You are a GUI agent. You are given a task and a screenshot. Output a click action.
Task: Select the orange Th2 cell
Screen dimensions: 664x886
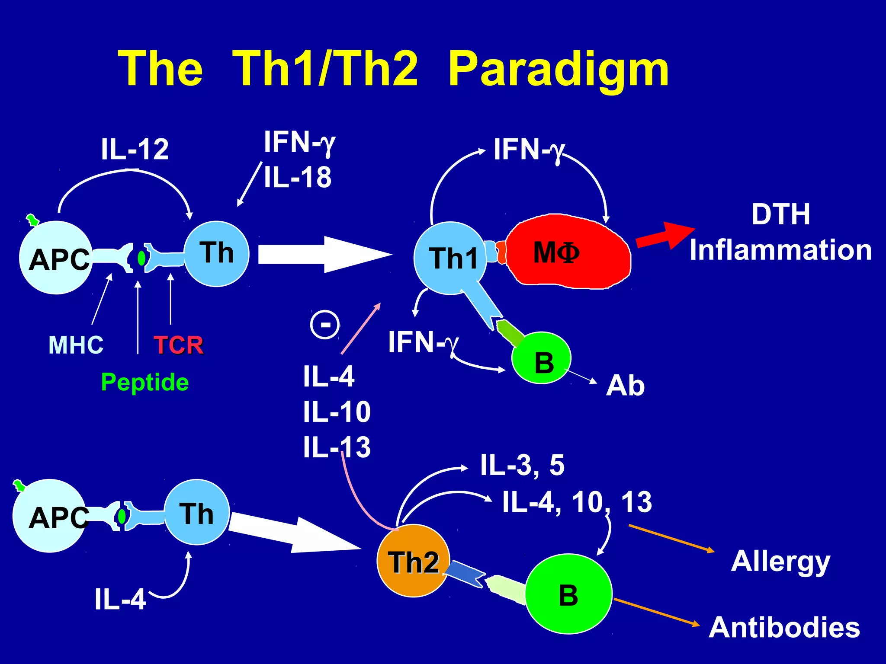point(413,561)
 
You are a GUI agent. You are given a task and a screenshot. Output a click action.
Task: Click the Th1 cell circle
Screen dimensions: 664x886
point(450,258)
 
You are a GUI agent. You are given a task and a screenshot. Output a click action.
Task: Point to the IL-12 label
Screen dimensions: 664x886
point(135,149)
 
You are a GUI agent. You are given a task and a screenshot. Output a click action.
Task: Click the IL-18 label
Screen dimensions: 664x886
point(298,177)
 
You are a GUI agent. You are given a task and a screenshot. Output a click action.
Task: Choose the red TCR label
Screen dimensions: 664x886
point(178,345)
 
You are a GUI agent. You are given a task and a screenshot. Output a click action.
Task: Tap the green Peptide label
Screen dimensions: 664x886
point(144,382)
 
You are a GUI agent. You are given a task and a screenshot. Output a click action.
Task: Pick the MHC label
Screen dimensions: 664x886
point(76,345)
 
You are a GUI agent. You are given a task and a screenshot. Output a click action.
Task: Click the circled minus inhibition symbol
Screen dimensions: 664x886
point(325,324)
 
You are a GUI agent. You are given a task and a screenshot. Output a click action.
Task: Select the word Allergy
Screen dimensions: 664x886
point(780,561)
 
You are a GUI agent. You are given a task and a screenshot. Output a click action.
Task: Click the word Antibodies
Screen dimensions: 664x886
point(784,627)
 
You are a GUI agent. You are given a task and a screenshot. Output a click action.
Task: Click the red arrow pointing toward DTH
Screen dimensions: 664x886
point(664,236)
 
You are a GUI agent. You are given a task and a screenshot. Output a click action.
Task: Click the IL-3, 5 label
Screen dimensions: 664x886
point(522,465)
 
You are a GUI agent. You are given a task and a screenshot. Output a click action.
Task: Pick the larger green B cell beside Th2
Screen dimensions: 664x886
point(568,594)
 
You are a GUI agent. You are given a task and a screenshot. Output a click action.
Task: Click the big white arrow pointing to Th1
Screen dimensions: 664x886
point(324,254)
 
